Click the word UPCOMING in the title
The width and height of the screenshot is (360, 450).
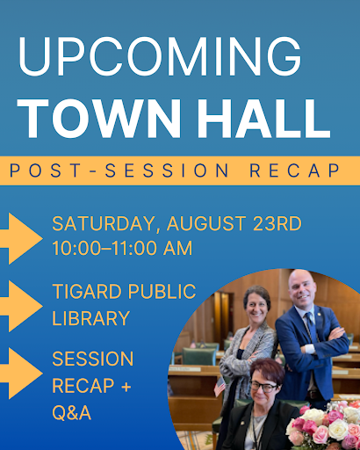(158, 56)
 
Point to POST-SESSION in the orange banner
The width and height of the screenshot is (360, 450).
(118, 171)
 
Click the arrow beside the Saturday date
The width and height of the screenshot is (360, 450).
(19, 236)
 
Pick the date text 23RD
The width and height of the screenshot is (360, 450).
(274, 223)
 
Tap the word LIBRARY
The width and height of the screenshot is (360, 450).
(90, 317)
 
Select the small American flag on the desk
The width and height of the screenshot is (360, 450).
(220, 384)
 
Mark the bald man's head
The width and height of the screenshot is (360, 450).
(304, 286)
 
